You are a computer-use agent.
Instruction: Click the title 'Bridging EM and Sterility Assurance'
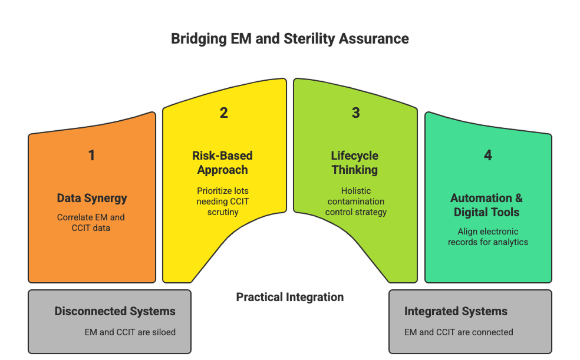tap(289, 39)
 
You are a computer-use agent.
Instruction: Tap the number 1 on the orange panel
tap(91, 156)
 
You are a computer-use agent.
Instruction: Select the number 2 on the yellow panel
tap(223, 113)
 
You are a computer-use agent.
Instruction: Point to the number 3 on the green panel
tap(355, 113)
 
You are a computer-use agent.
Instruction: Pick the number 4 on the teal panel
tap(487, 156)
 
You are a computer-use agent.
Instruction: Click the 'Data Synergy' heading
tap(91, 198)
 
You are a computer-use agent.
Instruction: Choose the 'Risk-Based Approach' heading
tap(223, 163)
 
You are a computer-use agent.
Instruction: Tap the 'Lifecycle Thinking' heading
tap(355, 163)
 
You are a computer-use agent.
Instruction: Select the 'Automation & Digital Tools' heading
tap(487, 205)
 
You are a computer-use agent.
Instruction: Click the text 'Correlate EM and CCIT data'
tap(91, 222)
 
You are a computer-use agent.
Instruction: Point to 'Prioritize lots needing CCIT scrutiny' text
tap(223, 201)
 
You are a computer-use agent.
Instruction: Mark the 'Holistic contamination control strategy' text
tap(355, 201)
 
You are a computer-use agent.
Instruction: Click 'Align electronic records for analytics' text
tap(487, 237)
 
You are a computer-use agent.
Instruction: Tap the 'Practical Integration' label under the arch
tap(289, 297)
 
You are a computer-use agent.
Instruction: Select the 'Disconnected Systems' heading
tap(115, 311)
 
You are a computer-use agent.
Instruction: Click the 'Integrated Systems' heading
tap(456, 311)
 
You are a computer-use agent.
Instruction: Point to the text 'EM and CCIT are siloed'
tap(130, 332)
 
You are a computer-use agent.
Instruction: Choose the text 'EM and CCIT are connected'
tap(459, 332)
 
